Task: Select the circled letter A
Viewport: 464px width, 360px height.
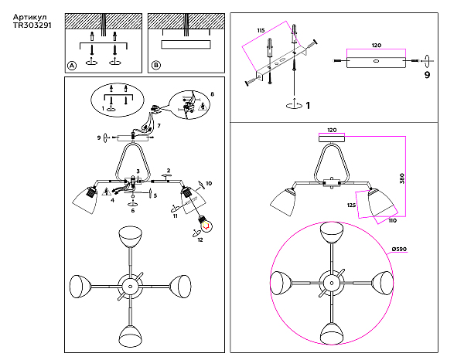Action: (72, 66)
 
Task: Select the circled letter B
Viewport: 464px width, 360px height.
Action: (156, 66)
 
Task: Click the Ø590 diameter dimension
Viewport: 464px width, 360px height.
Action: (400, 248)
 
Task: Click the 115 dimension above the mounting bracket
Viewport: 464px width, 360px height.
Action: (261, 30)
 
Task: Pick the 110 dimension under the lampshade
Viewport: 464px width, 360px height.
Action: (392, 221)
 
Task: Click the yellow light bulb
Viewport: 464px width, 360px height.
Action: (206, 222)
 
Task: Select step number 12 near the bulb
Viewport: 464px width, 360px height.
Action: (200, 240)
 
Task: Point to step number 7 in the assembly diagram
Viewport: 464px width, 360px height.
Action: (159, 124)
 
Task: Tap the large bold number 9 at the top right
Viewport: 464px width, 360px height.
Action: (426, 76)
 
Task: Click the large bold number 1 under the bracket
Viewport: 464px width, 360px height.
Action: (307, 105)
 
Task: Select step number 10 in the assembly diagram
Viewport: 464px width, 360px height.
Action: (208, 183)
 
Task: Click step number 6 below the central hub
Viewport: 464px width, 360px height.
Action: (132, 210)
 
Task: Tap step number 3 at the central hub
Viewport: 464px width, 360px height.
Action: (138, 171)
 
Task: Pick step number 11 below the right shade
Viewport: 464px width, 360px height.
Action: (175, 216)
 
